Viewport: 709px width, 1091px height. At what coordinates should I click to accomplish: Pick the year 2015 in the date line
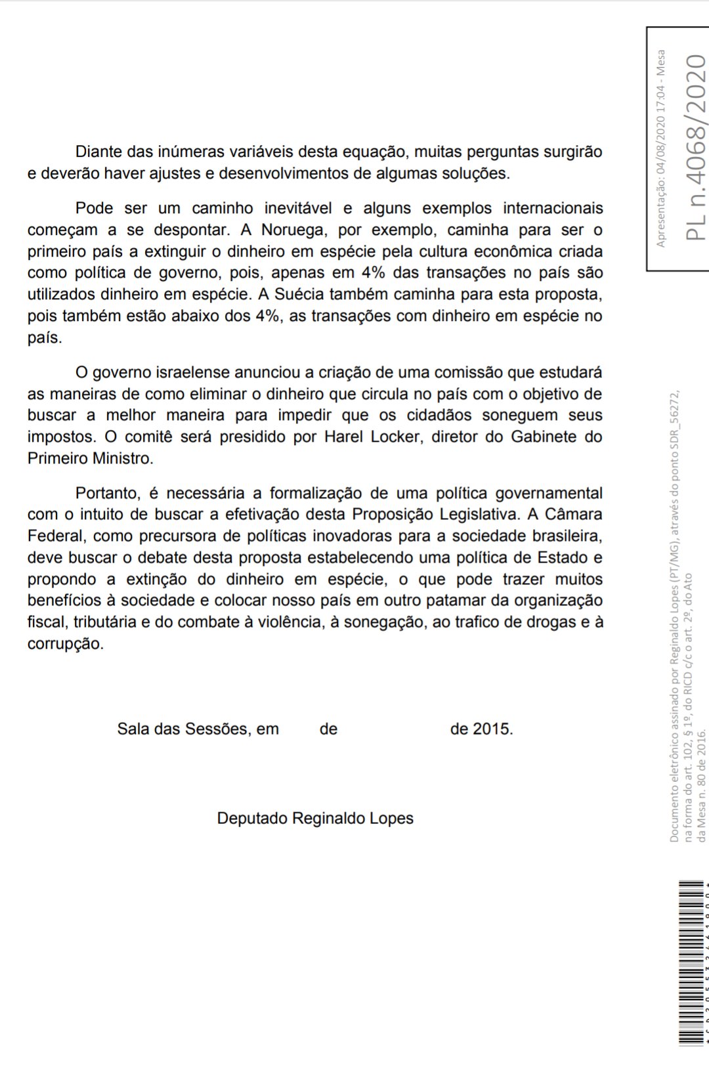pos(492,729)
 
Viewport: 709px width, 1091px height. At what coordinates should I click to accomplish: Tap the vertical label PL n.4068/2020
pos(696,147)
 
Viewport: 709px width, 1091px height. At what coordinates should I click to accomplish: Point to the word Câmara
pos(574,514)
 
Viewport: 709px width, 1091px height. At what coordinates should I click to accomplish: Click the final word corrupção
pos(66,644)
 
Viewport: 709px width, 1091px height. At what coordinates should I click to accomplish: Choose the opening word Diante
pos(98,152)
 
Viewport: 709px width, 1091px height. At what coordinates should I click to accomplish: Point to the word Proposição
pos(393,514)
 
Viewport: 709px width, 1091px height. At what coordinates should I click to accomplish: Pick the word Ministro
pos(122,458)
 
